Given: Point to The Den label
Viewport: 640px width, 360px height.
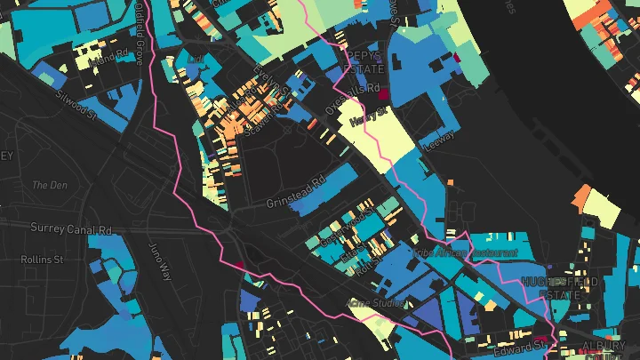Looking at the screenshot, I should (44, 185).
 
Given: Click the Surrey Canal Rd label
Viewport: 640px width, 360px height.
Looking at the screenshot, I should (72, 228).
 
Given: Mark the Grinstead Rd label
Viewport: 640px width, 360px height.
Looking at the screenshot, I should (296, 191).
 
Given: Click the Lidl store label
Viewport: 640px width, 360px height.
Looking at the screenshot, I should (197, 58).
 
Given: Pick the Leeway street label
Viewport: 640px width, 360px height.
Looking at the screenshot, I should (441, 140).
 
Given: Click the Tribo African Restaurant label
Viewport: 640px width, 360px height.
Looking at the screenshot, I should (464, 252).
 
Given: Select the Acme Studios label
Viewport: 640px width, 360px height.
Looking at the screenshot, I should (375, 303).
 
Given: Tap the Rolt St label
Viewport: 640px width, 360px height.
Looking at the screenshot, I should (358, 264).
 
